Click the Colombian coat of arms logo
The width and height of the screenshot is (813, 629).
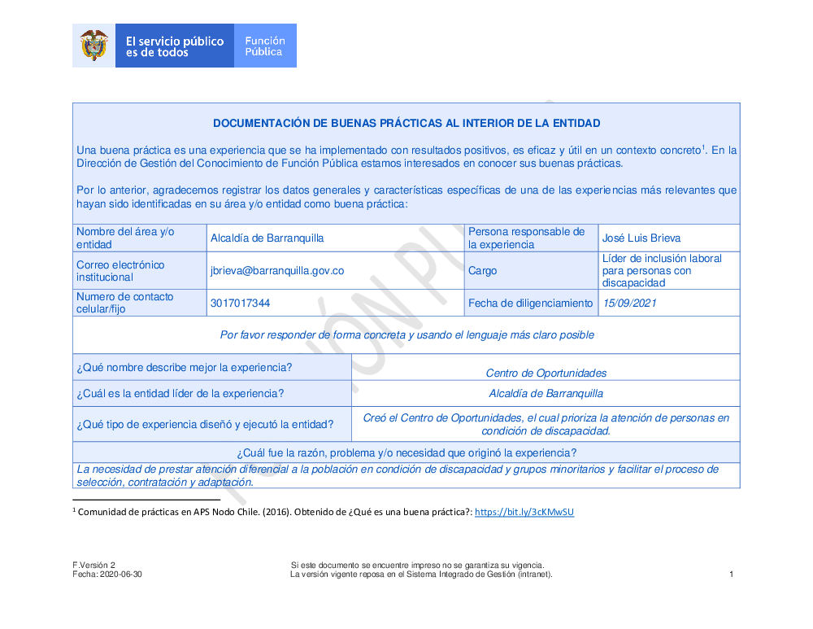(x=94, y=46)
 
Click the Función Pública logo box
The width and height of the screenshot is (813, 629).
(x=265, y=46)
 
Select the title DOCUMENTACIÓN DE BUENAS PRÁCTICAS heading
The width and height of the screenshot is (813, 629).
(x=406, y=124)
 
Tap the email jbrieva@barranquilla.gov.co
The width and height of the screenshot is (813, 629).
(x=277, y=271)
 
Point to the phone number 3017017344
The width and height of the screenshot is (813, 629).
(x=240, y=303)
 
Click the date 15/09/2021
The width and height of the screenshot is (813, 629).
(x=629, y=303)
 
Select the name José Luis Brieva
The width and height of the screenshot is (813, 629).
(x=641, y=238)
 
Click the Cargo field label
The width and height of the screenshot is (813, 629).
(x=483, y=271)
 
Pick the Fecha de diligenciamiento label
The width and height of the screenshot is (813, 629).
(x=531, y=303)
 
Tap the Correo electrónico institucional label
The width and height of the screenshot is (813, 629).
(x=120, y=271)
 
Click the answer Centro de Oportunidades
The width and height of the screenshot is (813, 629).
(x=546, y=373)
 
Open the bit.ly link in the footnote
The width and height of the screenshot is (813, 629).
(x=524, y=512)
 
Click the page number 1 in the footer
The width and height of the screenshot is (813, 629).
(x=732, y=574)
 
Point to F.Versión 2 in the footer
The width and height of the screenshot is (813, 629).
(x=94, y=565)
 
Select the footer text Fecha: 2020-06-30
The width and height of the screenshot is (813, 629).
(x=107, y=574)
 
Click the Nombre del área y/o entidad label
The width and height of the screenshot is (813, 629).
(x=125, y=238)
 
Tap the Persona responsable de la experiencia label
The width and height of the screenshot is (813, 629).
(x=527, y=238)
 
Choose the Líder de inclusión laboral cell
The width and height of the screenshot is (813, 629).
(x=662, y=270)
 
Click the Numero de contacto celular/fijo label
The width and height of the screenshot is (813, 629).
(x=125, y=303)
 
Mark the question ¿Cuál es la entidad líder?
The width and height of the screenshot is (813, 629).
(x=180, y=394)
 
